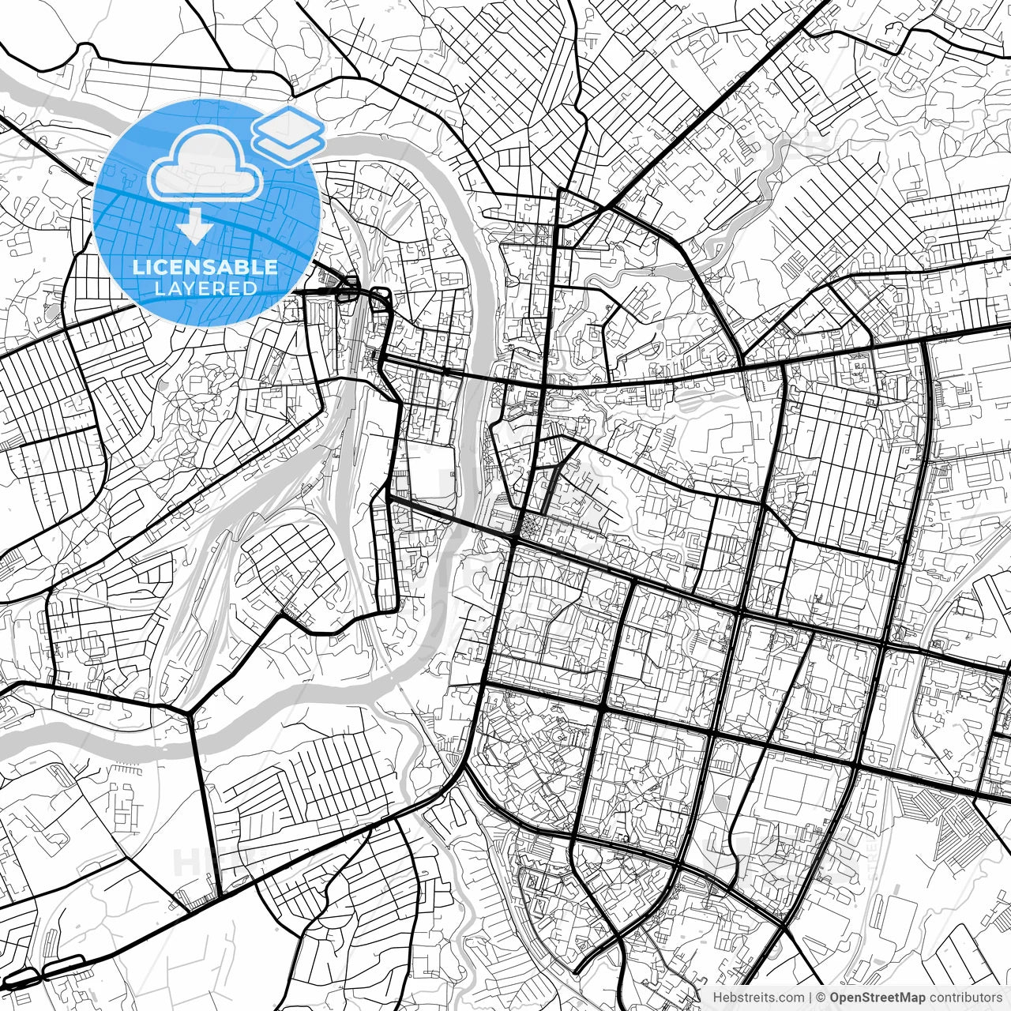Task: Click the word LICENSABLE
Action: coord(205,267)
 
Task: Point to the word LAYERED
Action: coord(205,288)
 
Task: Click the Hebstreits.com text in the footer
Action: coord(760,998)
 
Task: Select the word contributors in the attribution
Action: coord(964,998)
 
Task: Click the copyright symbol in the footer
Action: coord(821,998)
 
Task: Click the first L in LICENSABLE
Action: coord(137,267)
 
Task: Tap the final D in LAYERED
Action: coord(250,288)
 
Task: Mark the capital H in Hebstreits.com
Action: coord(718,998)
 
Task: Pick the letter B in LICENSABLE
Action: coord(242,267)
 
